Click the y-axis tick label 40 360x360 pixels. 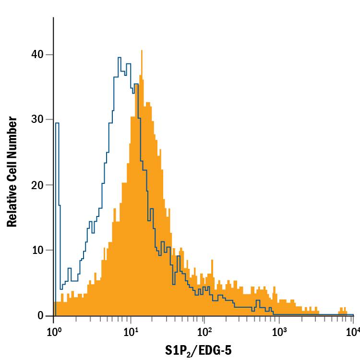(x=38, y=55)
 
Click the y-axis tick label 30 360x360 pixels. (x=38, y=120)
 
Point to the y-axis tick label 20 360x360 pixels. (x=38, y=185)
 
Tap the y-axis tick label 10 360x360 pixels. (x=38, y=251)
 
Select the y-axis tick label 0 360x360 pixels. (x=42, y=316)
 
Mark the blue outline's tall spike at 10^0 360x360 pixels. (x=57, y=123)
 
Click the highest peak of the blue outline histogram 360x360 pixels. (x=119, y=58)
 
